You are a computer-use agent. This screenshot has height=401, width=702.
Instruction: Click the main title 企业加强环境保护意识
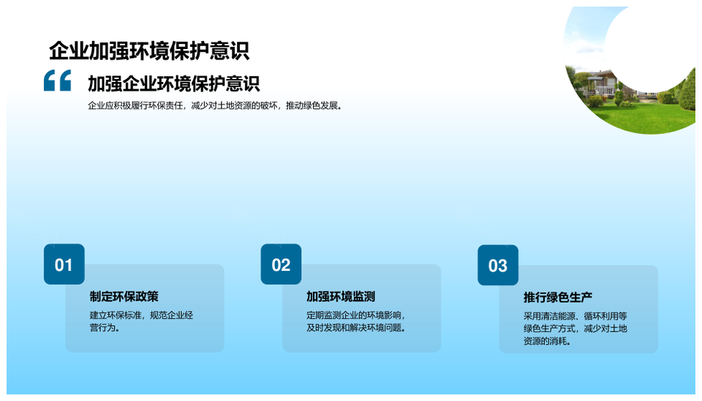tap(149, 50)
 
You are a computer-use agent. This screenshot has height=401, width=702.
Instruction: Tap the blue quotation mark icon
tap(57, 80)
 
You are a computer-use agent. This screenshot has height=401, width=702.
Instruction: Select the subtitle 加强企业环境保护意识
tap(174, 83)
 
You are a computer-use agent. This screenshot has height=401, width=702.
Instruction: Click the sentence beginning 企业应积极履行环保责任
tap(215, 106)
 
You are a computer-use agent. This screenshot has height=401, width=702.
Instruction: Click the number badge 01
tap(64, 264)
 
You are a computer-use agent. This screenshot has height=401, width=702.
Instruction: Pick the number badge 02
tap(281, 264)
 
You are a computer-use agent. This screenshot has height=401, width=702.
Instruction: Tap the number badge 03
tap(498, 265)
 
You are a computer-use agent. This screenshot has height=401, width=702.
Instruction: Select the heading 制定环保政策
tap(124, 296)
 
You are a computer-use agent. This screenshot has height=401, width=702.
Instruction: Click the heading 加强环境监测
tap(341, 296)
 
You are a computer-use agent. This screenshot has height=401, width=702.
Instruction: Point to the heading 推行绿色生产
tap(558, 298)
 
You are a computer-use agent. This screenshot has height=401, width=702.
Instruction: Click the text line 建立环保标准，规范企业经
tap(141, 315)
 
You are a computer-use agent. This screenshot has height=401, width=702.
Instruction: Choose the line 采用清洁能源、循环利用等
tap(575, 316)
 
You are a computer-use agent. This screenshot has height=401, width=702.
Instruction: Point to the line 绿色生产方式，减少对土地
tap(575, 329)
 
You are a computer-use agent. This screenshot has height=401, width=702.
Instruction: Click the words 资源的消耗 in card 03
tap(545, 342)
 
